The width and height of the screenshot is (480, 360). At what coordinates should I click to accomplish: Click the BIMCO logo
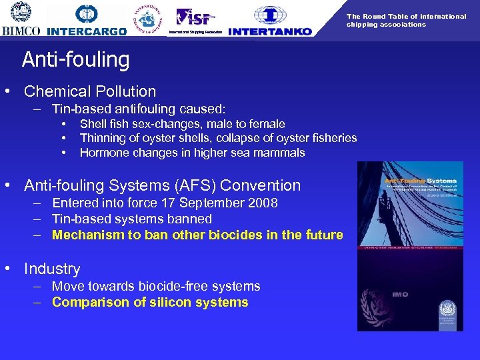pyautogui.click(x=21, y=20)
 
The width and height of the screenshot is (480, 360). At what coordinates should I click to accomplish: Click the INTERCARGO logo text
pyautogui.click(x=87, y=31)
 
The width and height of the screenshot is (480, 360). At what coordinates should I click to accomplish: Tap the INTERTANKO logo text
pyautogui.click(x=270, y=31)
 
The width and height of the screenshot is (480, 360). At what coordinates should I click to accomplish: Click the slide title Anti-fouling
pyautogui.click(x=75, y=60)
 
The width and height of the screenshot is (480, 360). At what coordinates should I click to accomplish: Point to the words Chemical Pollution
pyautogui.click(x=90, y=92)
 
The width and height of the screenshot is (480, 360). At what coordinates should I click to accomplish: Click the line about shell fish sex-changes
pyautogui.click(x=182, y=124)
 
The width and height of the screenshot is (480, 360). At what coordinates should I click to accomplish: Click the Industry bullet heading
pyautogui.click(x=52, y=269)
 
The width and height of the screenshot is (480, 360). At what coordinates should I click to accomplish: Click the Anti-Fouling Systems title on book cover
pyautogui.click(x=420, y=181)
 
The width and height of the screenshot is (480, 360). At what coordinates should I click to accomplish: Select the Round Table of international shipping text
pyautogui.click(x=406, y=20)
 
